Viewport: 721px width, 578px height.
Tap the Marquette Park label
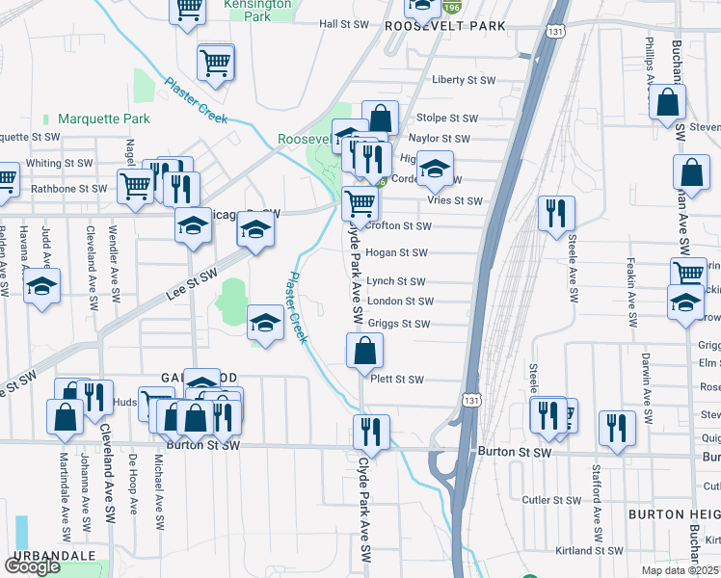(x=104, y=118)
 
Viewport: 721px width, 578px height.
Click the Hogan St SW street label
(x=395, y=252)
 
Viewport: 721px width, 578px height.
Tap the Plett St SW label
(x=397, y=380)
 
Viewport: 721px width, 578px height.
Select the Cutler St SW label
(x=549, y=500)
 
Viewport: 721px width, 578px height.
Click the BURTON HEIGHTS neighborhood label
(x=673, y=515)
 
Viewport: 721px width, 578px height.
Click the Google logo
(x=32, y=566)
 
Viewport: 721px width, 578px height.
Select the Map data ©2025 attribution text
(x=681, y=570)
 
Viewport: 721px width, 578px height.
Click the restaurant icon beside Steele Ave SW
(x=556, y=214)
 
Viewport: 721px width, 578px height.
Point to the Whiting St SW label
(x=59, y=163)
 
